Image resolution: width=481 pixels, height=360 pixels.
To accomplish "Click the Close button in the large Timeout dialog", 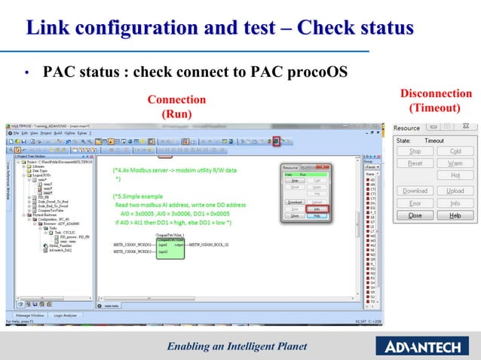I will click(x=415, y=215).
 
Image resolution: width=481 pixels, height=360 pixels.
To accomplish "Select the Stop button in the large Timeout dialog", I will click(x=415, y=151).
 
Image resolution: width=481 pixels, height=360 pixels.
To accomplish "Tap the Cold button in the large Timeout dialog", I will click(x=455, y=151).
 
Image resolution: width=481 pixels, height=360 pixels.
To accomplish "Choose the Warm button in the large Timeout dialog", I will click(x=455, y=163).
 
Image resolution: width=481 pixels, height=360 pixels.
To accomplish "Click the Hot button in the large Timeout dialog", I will click(x=455, y=175).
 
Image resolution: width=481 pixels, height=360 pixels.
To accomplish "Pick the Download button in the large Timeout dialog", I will click(x=415, y=191).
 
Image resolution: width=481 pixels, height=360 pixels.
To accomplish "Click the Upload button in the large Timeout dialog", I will click(x=455, y=191).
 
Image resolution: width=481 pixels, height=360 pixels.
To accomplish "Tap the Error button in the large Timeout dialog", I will click(x=415, y=203).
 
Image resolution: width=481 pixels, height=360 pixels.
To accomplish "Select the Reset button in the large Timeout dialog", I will click(x=415, y=163).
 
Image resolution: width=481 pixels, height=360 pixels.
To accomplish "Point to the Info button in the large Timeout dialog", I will click(x=455, y=203).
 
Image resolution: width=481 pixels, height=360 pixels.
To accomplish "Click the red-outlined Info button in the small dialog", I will click(x=317, y=209).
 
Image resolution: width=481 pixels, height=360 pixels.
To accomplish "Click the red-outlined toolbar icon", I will click(x=277, y=141).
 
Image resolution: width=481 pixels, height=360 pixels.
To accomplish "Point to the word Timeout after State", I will click(x=434, y=141).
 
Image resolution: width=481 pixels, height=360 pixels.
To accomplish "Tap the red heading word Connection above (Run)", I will click(x=176, y=99).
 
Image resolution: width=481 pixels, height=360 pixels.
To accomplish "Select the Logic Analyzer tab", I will click(x=65, y=315).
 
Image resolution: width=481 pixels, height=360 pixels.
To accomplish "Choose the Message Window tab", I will click(x=28, y=315).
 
